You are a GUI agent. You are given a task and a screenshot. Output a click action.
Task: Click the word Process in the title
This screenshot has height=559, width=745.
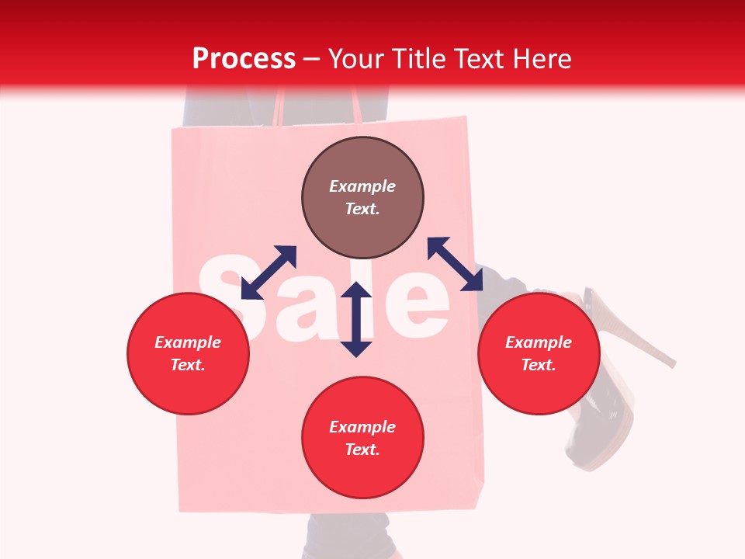click(x=244, y=59)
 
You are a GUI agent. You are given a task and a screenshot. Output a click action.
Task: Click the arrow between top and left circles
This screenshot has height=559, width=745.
click(x=269, y=273)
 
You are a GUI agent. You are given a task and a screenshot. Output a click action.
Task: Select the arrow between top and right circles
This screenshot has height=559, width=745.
click(x=455, y=264)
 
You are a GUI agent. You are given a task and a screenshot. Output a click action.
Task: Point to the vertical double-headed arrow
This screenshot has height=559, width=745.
click(x=356, y=319)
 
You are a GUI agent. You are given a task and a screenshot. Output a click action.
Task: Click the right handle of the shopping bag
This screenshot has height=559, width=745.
click(x=355, y=105)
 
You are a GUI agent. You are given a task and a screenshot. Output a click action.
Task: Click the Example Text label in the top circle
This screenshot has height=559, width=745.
click(x=362, y=197)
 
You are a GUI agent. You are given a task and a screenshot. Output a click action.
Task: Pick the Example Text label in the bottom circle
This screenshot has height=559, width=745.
click(x=362, y=438)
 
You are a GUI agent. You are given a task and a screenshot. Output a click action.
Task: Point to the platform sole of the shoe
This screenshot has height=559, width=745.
click(x=601, y=443)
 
